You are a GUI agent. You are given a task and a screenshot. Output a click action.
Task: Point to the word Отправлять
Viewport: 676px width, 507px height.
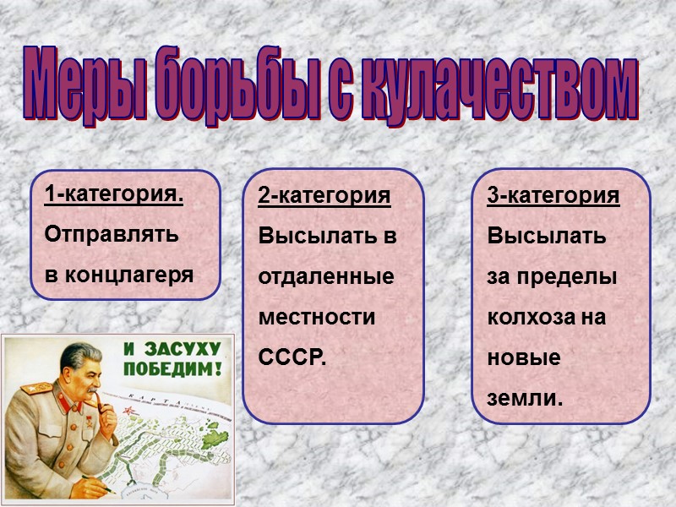112,234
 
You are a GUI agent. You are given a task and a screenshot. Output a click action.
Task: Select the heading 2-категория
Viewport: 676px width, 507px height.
324,196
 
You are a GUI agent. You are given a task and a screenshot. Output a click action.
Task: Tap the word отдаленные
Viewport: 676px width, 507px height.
326,276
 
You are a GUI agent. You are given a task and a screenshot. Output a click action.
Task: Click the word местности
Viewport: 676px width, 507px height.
316,318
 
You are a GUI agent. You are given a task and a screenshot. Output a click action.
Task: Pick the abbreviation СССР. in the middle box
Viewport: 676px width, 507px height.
292,358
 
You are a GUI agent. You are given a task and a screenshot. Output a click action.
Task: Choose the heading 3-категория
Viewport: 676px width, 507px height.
553,196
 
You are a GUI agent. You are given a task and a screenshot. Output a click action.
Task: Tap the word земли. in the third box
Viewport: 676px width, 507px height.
525,397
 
